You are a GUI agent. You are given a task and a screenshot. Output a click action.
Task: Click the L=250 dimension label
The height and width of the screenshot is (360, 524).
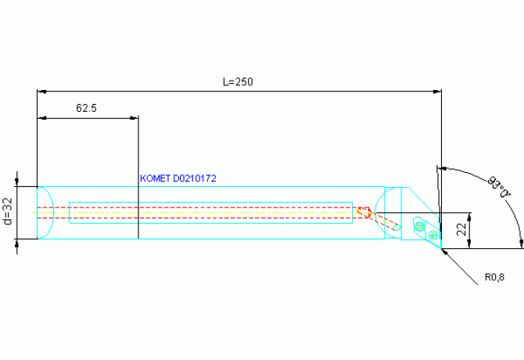(x=238, y=82)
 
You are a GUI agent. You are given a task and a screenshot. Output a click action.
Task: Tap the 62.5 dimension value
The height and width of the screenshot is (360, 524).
(x=86, y=108)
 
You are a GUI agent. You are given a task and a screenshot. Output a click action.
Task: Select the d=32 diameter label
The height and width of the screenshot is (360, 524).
(x=8, y=211)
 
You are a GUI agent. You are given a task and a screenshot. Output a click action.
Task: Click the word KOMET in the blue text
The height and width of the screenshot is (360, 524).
(x=155, y=178)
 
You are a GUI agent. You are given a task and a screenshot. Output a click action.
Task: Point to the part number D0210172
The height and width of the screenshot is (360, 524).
(x=195, y=178)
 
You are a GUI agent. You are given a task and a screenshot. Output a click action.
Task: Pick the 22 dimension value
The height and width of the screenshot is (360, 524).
(x=461, y=229)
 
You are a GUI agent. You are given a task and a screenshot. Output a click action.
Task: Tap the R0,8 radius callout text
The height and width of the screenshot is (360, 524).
(x=494, y=277)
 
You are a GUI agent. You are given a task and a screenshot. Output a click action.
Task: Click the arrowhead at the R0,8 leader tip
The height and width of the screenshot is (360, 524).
(x=445, y=252)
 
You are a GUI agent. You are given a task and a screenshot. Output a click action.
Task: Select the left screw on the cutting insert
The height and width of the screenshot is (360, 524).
(x=419, y=227)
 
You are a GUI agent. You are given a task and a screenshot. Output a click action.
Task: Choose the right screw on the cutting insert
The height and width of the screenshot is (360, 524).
(x=433, y=236)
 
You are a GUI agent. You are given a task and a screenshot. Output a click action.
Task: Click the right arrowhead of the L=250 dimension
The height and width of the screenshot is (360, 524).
(x=437, y=92)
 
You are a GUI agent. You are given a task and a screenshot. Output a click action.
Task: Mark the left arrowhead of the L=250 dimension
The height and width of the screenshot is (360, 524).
(x=41, y=92)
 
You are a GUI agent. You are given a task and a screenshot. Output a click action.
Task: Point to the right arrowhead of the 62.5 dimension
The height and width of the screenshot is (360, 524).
(x=134, y=118)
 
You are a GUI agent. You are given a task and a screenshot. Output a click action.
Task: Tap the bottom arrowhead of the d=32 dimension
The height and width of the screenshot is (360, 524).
(x=17, y=243)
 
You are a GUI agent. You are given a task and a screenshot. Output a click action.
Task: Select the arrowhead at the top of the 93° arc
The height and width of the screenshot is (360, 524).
(x=442, y=168)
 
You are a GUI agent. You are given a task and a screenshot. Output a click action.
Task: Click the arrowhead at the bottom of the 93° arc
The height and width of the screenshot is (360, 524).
(x=521, y=243)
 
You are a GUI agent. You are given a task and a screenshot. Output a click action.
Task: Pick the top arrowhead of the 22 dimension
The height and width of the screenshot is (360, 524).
(x=470, y=217)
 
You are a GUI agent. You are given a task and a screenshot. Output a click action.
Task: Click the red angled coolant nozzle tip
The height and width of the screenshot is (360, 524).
(x=364, y=211)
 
